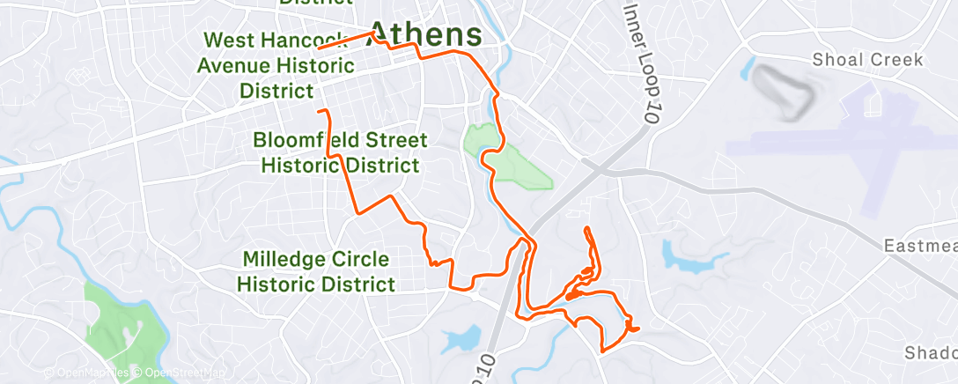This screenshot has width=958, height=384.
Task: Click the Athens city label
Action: [424, 34]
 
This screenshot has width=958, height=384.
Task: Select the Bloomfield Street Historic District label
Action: [340, 153]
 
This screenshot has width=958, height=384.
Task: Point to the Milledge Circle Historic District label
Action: [318, 271]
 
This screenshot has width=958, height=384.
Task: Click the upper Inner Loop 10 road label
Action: [642, 55]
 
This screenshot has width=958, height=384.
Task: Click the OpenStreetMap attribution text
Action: [181, 373]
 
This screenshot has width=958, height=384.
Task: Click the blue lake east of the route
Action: [692, 255]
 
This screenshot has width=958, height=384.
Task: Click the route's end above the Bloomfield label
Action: [319, 112]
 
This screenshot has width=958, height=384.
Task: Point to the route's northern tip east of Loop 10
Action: [586, 229]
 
